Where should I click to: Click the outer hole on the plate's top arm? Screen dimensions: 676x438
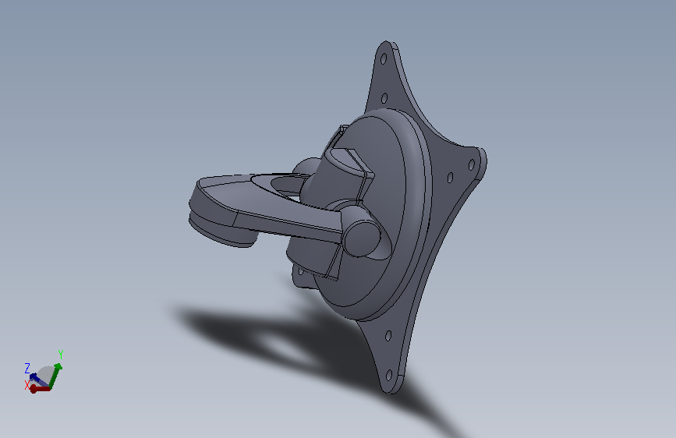383,59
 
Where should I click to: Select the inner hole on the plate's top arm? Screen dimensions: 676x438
384,98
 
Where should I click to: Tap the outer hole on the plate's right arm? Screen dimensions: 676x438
471,164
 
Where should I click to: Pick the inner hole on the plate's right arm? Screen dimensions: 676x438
450,178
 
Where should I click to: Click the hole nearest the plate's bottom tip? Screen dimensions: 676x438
388,375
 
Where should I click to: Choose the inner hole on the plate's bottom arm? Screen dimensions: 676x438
388,336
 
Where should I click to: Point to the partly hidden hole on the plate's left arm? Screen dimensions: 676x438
300,271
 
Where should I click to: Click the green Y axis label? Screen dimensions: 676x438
61,355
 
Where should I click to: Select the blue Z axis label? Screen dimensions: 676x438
27,368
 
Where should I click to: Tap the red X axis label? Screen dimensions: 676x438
27,385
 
